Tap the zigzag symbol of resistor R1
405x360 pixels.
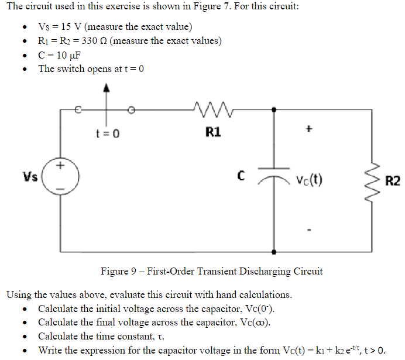coord(207,108)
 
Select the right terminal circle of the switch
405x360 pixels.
coord(132,109)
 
